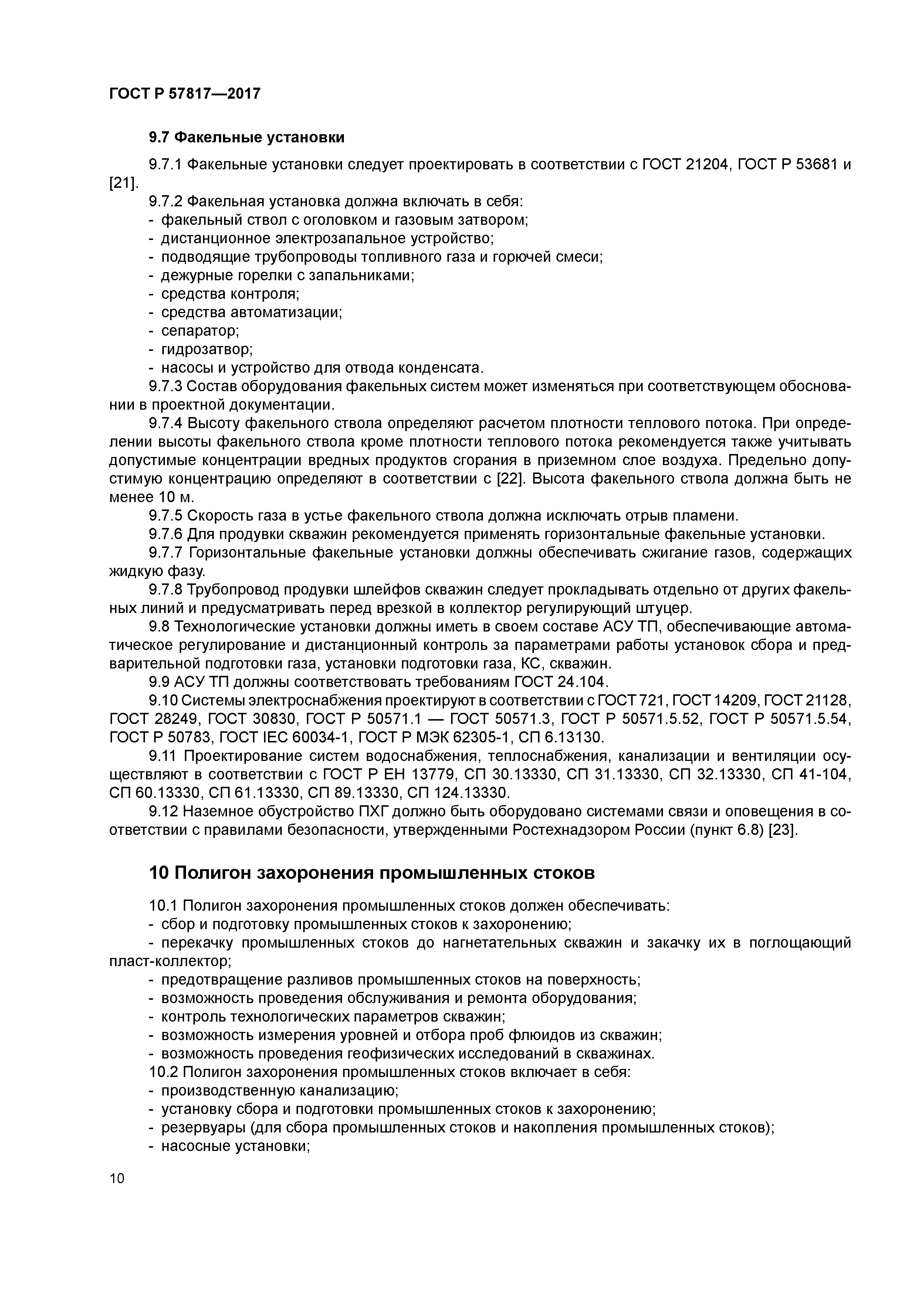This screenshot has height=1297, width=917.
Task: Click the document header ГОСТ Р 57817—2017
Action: coord(185,93)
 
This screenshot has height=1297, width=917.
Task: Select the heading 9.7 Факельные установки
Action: coord(246,137)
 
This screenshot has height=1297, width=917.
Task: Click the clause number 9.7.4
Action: coord(166,423)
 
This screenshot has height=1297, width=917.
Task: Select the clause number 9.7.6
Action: coord(166,534)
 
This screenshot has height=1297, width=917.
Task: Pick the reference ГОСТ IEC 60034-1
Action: coord(285,737)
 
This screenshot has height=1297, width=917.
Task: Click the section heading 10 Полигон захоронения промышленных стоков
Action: coord(372,873)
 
